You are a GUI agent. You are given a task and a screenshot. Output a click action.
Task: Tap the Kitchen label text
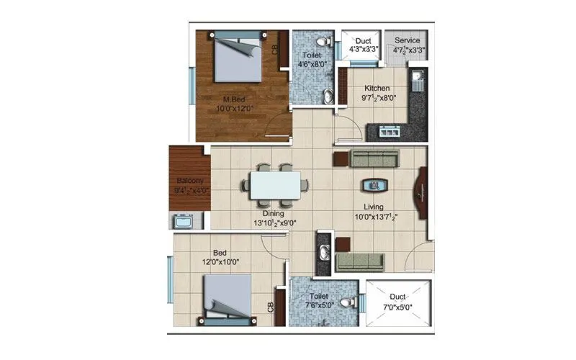[377, 89]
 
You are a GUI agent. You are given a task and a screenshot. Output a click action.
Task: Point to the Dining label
[272, 214]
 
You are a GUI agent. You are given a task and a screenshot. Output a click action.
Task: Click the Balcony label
[189, 181]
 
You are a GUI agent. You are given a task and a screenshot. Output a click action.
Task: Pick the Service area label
[407, 40]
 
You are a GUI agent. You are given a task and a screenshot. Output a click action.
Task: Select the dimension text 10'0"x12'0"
[235, 109]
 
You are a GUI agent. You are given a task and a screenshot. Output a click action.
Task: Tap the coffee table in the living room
[374, 185]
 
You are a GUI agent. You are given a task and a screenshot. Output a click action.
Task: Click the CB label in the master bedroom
[275, 50]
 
